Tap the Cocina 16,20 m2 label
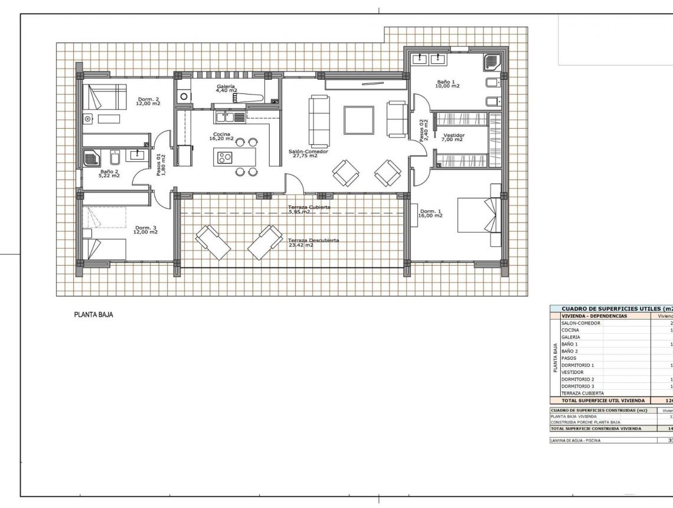tap(222, 136)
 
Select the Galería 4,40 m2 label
tap(226, 89)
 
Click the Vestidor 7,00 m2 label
tap(453, 137)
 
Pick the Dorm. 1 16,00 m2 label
tap(430, 214)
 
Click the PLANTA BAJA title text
tap(93, 315)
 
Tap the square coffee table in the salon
tap(359, 121)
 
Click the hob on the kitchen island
tap(225, 157)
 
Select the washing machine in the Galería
tap(184, 96)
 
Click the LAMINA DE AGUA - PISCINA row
tap(576, 440)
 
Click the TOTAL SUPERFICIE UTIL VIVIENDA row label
tap(599, 400)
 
